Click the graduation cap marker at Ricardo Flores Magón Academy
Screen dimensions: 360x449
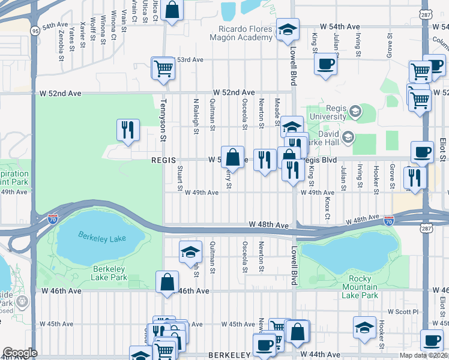pyautogui.click(x=288, y=29)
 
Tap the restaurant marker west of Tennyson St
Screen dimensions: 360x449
pyautogui.click(x=128, y=130)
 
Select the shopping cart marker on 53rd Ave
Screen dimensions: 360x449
pyautogui.click(x=163, y=69)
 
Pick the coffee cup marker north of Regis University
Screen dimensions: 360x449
pyautogui.click(x=326, y=64)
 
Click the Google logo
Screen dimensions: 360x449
pyautogui.click(x=20, y=353)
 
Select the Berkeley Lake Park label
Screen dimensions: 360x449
pyautogui.click(x=109, y=273)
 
